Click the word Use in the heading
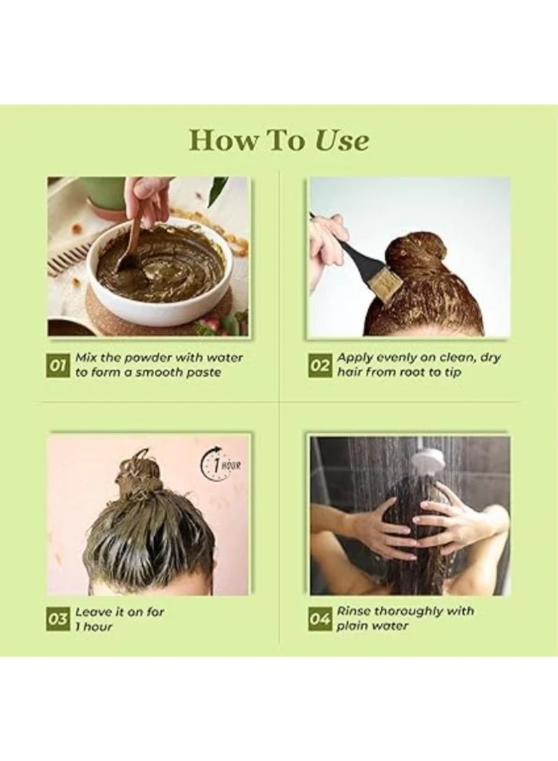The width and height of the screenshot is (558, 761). [342, 140]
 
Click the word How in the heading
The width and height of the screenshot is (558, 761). [218, 140]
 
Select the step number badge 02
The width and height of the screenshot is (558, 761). [320, 366]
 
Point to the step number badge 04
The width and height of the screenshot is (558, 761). [320, 619]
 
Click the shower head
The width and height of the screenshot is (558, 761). [427, 459]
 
